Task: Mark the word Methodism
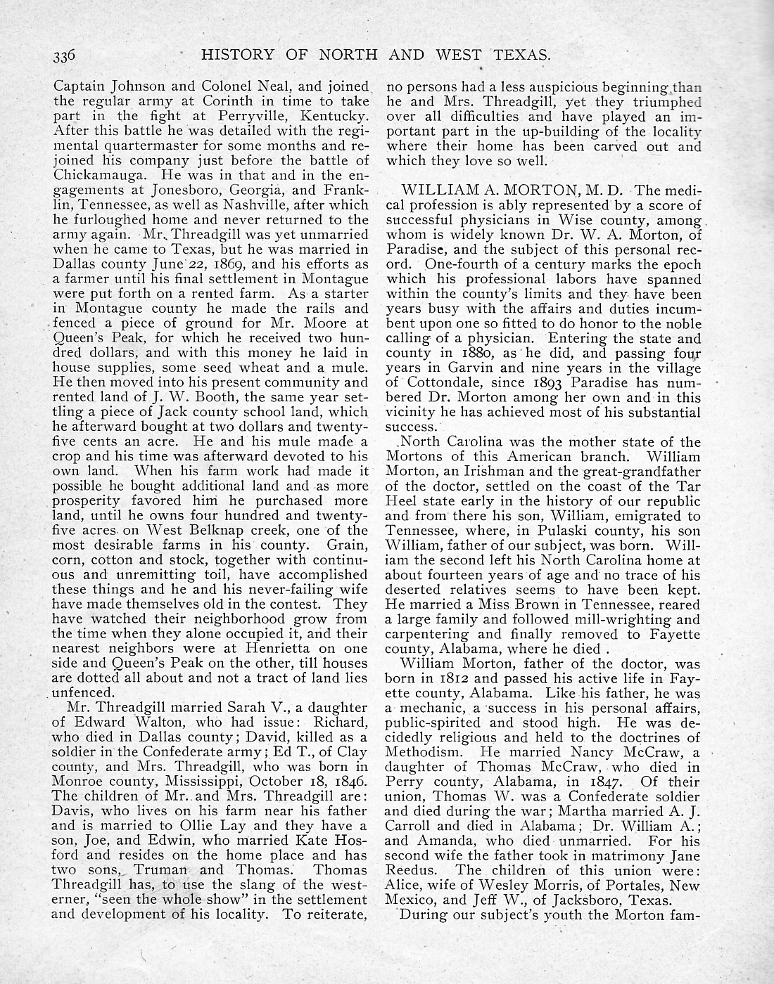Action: pos(420,752)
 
